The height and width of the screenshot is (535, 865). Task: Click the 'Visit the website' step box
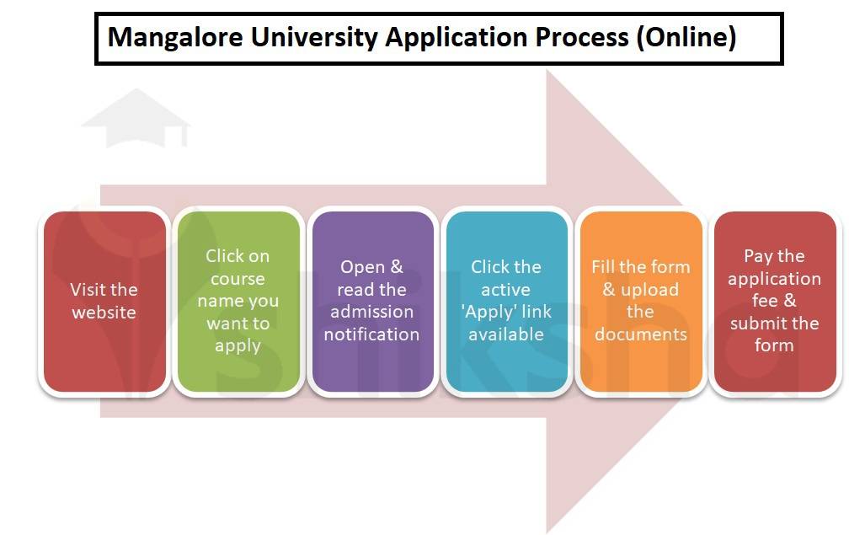pyautogui.click(x=104, y=302)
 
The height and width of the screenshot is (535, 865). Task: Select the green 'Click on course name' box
pyautogui.click(x=238, y=302)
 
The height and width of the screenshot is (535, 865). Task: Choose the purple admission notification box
pyautogui.click(x=371, y=302)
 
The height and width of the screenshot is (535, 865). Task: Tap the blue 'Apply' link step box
pyautogui.click(x=505, y=302)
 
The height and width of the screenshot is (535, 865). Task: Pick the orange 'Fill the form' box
pyautogui.click(x=640, y=302)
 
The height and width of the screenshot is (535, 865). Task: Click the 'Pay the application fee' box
pyautogui.click(x=774, y=302)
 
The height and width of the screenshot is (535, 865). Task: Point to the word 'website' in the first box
pyautogui.click(x=104, y=313)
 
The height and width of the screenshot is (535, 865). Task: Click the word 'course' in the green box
pyautogui.click(x=238, y=279)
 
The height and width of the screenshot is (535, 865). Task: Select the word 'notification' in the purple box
pyautogui.click(x=371, y=334)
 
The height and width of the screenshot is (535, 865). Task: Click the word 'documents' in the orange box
pyautogui.click(x=640, y=334)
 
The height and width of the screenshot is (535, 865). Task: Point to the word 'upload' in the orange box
pyautogui.click(x=650, y=290)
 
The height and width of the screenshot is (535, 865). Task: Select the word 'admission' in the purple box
pyautogui.click(x=371, y=312)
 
